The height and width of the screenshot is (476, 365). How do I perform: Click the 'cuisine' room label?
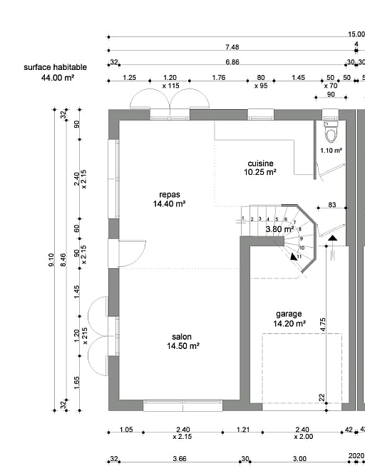point(260,163)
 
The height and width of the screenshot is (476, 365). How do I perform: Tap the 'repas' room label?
point(170,195)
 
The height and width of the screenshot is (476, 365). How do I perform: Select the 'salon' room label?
point(182,337)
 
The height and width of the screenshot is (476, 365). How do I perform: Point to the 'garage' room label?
point(289,314)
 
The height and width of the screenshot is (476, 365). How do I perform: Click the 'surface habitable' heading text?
point(55,67)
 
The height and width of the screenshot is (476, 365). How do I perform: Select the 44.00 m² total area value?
point(58,78)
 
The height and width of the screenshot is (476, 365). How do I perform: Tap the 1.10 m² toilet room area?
point(331,151)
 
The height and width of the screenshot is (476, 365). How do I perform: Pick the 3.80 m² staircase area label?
point(279,229)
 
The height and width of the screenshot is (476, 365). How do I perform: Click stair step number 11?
point(299,256)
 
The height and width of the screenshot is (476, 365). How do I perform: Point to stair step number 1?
point(243,218)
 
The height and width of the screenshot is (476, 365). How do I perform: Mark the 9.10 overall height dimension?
point(51,260)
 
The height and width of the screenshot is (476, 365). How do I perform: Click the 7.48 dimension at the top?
point(232,47)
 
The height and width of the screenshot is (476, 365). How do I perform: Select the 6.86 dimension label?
point(232,62)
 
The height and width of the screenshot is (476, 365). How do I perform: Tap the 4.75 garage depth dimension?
point(322,325)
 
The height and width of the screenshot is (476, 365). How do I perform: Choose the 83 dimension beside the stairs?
point(332,205)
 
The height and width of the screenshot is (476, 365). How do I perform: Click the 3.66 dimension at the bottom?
point(180,459)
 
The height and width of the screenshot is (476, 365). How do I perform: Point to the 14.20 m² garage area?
point(289,324)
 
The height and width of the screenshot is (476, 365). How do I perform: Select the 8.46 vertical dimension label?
point(63,260)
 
